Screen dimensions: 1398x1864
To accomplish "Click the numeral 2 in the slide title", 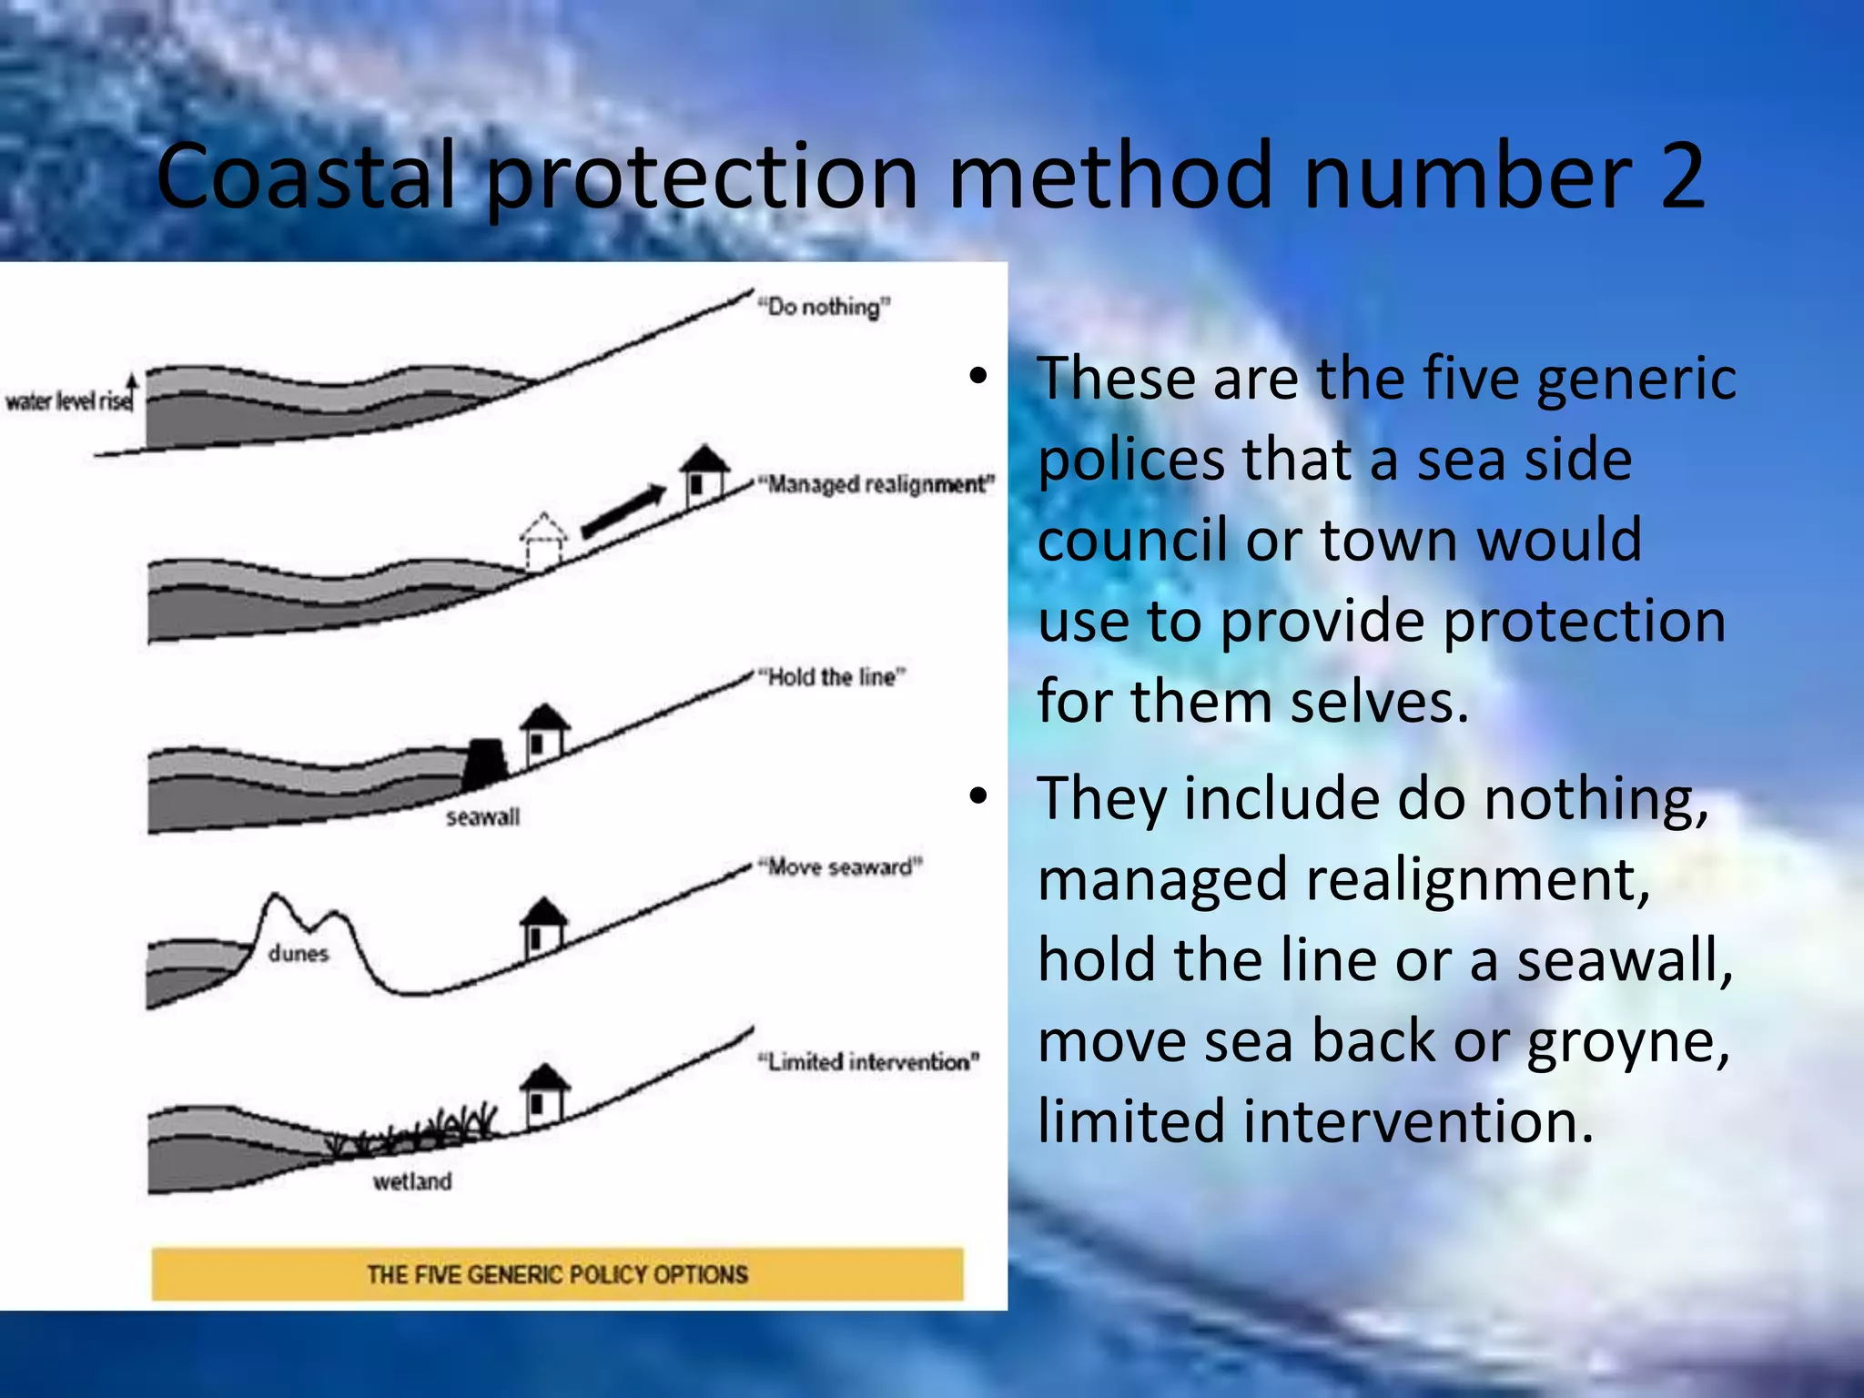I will click(x=1680, y=176).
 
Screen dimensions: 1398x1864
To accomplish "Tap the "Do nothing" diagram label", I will click(x=825, y=307).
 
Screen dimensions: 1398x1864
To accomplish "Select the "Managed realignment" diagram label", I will click(x=879, y=484).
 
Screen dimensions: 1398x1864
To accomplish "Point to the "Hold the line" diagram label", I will click(x=834, y=677).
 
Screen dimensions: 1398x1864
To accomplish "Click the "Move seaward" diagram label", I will click(x=841, y=866).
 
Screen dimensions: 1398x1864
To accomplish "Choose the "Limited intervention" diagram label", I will click(x=869, y=1062).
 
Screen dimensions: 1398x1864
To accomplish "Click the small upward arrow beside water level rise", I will click(x=132, y=390).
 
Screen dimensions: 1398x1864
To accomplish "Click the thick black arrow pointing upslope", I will click(x=624, y=512).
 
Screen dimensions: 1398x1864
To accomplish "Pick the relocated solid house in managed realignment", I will click(x=704, y=471).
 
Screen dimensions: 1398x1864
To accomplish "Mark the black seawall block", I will click(x=484, y=764).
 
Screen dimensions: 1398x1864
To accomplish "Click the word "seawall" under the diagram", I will click(x=482, y=817).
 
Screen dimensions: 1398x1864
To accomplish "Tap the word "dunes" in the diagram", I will click(x=299, y=954).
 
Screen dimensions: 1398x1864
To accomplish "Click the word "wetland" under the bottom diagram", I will click(x=412, y=1181).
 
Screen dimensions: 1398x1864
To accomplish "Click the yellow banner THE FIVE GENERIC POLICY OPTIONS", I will click(x=557, y=1274).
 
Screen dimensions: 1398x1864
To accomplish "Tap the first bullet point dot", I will click(x=978, y=376).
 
